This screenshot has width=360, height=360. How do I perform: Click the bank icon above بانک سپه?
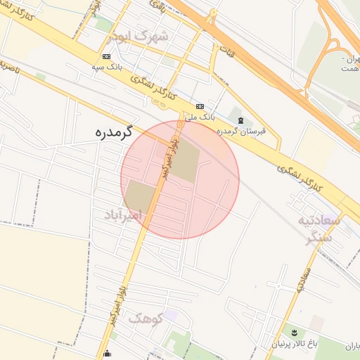(106, 56)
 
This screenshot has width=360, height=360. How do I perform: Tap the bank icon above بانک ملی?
(200, 106)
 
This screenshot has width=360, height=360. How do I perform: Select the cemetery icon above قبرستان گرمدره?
(241, 120)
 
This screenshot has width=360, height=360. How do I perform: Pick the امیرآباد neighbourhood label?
(123, 214)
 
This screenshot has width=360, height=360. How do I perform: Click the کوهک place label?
(145, 318)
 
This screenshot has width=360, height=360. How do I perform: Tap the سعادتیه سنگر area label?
(323, 229)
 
